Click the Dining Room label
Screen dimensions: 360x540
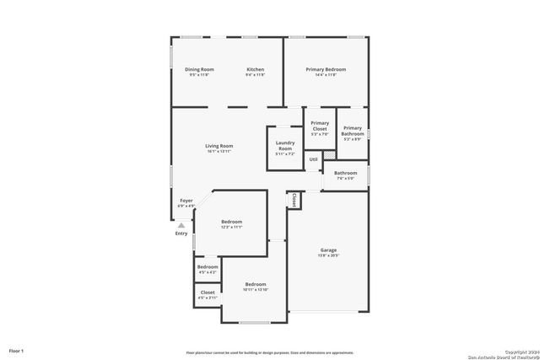click(x=199, y=69)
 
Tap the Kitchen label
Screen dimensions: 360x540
click(x=255, y=69)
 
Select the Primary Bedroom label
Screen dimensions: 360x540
click(x=326, y=69)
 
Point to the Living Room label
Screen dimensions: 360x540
click(x=219, y=146)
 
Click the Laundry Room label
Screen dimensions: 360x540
click(x=284, y=145)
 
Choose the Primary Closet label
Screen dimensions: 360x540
click(x=320, y=126)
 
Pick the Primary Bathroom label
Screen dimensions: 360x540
click(x=353, y=131)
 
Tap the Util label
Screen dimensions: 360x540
click(x=313, y=159)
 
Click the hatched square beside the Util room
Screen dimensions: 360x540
click(x=328, y=155)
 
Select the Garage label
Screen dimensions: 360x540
click(x=328, y=250)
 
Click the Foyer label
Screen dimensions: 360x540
click(x=186, y=201)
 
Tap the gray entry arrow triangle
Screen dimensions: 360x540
click(x=181, y=225)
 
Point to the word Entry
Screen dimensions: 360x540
click(x=181, y=234)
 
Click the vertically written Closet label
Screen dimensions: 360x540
click(x=294, y=201)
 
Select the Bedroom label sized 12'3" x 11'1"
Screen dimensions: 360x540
click(x=231, y=222)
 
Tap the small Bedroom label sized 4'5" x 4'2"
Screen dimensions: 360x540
click(x=207, y=266)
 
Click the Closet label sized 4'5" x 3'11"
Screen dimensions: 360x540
click(x=207, y=293)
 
